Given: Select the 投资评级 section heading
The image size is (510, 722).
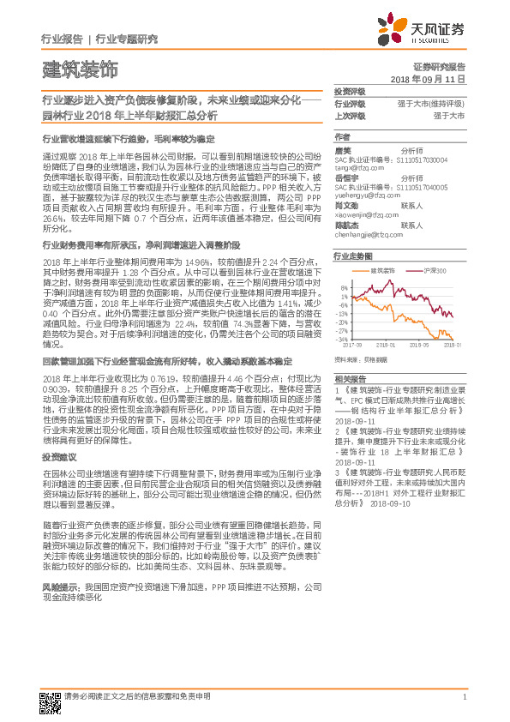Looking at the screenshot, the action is (x=349, y=91).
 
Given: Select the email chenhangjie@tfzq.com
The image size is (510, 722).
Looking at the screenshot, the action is (x=368, y=233).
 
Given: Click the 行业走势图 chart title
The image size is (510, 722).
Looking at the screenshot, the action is (x=354, y=256).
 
